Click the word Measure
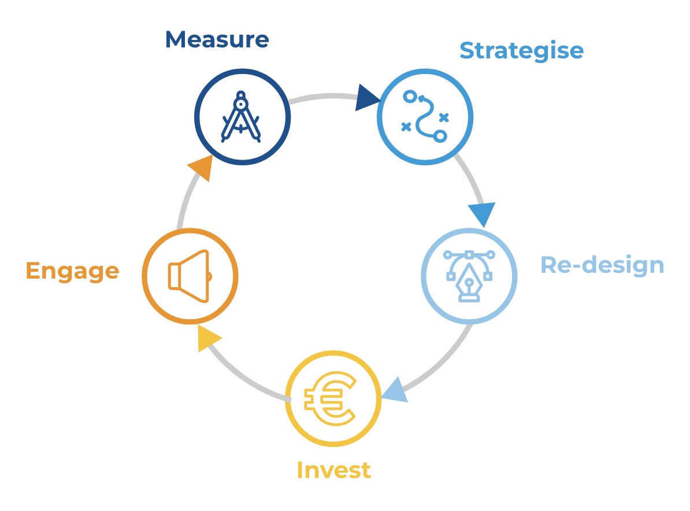pyautogui.click(x=217, y=40)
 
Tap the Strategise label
pyautogui.click(x=521, y=51)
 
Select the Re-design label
pyautogui.click(x=602, y=265)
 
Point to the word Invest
pyautogui.click(x=334, y=470)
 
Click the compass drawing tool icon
pyautogui.click(x=241, y=117)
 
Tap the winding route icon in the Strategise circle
pyautogui.click(x=425, y=117)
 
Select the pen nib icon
pyautogui.click(x=469, y=276)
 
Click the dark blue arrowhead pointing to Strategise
pyautogui.click(x=367, y=98)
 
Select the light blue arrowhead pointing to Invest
pyautogui.click(x=396, y=391)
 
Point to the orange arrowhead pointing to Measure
pyautogui.click(x=202, y=167)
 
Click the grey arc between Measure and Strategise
pyautogui.click(x=324, y=96)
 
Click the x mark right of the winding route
pyautogui.click(x=444, y=117)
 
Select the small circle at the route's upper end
pyautogui.click(x=410, y=97)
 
